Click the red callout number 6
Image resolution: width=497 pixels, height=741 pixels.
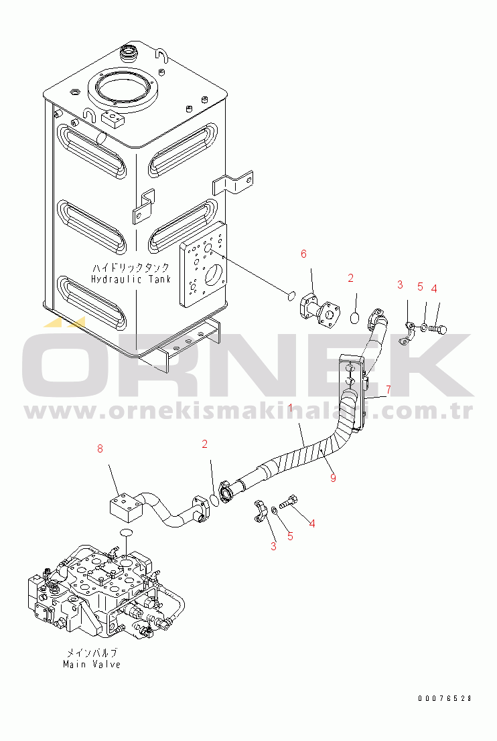click(x=303, y=254)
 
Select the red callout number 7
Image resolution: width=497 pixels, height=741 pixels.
click(x=387, y=390)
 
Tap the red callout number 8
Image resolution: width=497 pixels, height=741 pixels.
click(x=100, y=449)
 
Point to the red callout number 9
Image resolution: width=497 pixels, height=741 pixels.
click(x=333, y=477)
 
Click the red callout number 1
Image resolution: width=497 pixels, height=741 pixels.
click(x=291, y=408)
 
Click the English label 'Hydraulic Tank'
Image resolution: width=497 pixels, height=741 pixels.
click(x=131, y=279)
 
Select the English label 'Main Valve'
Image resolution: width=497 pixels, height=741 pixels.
click(x=92, y=664)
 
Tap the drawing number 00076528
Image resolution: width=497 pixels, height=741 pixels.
click(x=445, y=698)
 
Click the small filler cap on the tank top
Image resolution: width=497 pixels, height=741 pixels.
click(x=127, y=52)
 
